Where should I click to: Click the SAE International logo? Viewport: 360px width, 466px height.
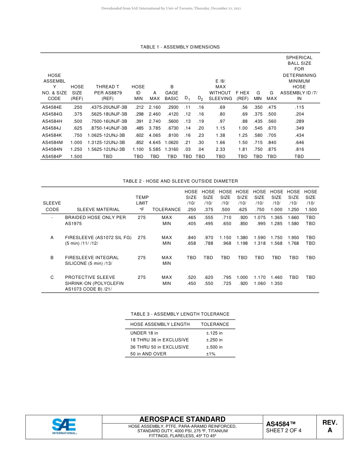64,427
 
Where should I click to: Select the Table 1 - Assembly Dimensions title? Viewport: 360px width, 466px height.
180,47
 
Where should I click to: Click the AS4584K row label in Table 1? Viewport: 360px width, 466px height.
52,135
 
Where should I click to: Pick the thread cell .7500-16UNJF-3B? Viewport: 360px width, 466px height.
108,121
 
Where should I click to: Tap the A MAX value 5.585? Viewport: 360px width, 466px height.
155,149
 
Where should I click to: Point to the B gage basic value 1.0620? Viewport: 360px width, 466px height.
171,142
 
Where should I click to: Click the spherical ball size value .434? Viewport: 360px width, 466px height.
299,135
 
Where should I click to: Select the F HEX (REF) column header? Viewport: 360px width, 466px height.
243,95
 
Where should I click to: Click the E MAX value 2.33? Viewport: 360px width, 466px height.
220,149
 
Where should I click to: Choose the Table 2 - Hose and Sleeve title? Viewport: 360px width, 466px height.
180,181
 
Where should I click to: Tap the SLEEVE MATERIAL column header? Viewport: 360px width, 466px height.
98,210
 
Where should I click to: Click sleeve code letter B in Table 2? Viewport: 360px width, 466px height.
52,258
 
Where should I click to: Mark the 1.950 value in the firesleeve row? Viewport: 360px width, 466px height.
293,238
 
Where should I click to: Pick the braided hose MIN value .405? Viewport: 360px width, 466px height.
191,224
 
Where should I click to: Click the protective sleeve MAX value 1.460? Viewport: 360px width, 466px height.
276,277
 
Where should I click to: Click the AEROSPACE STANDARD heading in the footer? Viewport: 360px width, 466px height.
182,419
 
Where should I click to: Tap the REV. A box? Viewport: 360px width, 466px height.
330,427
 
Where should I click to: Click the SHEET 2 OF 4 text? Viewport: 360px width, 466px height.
284,430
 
